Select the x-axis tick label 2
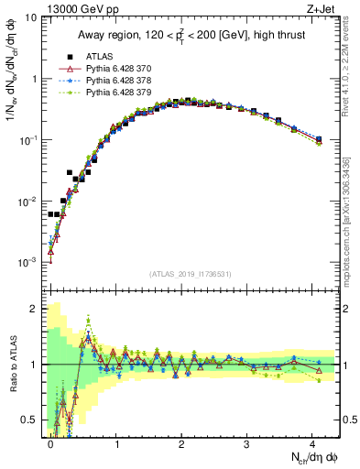pos(181,442)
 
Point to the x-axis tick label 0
pos(50,442)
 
